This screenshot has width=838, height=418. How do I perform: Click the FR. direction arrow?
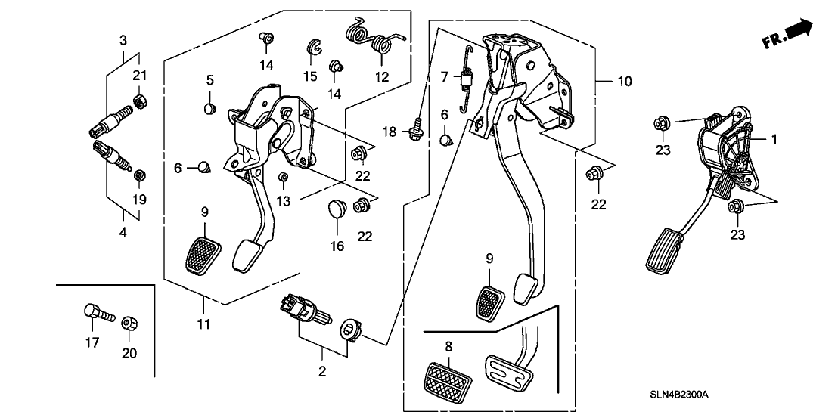(x=798, y=31)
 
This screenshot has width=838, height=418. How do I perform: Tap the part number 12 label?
(x=380, y=76)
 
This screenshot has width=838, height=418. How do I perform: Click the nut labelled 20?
(x=129, y=322)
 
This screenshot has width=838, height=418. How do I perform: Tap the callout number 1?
(x=774, y=138)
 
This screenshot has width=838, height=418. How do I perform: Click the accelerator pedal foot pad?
(x=663, y=255)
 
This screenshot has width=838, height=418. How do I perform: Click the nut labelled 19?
(x=139, y=176)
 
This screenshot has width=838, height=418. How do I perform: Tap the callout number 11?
(x=204, y=324)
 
